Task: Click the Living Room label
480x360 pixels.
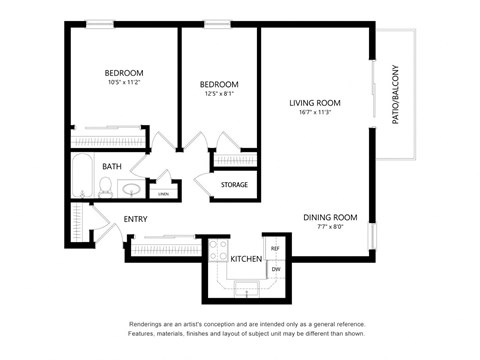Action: click(315, 102)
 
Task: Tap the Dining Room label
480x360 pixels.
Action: click(330, 217)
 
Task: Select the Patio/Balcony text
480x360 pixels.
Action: click(394, 94)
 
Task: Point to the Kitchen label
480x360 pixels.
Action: click(246, 259)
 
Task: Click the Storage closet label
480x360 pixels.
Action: click(235, 184)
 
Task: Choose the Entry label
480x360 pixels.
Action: click(136, 219)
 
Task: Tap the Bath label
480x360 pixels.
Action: click(112, 167)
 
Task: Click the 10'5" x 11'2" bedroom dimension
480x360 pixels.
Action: click(125, 83)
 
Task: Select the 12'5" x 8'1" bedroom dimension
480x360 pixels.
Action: click(218, 94)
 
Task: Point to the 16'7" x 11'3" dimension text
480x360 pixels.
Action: click(315, 113)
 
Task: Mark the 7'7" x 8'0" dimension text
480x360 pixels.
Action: click(330, 227)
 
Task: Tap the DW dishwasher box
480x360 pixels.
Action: click(275, 268)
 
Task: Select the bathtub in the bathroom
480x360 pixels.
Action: click(81, 179)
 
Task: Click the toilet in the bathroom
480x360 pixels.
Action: click(104, 185)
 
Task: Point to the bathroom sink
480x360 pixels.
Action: click(131, 188)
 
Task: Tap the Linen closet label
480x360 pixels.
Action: click(163, 193)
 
